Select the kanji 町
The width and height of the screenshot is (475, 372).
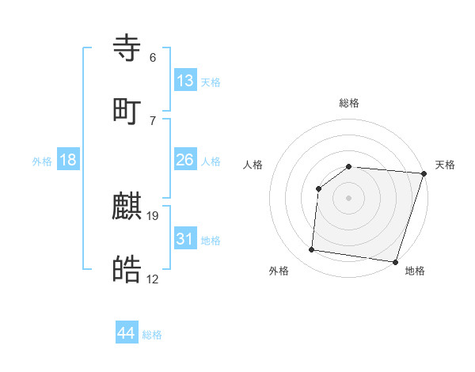click(x=127, y=112)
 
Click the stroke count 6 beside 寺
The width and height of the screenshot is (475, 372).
click(x=153, y=57)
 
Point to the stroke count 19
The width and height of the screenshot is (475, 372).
click(x=154, y=214)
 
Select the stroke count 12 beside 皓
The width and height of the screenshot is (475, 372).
click(x=153, y=279)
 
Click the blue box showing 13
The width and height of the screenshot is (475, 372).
click(x=185, y=80)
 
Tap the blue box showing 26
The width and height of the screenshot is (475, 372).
click(x=185, y=160)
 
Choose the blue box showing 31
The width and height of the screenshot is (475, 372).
click(x=185, y=238)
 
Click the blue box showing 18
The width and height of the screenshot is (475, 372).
click(x=68, y=160)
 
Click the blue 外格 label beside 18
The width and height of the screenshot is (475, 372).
click(x=42, y=161)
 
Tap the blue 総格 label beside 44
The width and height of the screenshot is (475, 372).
click(x=152, y=335)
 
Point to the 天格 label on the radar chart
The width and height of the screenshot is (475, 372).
click(x=445, y=165)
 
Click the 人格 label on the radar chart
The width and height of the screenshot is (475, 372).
click(x=253, y=165)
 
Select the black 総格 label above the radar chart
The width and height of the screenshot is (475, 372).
click(x=348, y=103)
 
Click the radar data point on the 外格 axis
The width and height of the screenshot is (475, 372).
click(x=312, y=250)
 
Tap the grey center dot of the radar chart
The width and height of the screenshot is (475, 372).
click(x=348, y=197)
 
